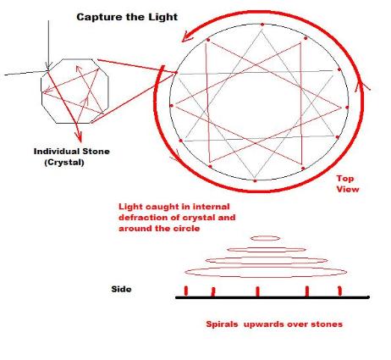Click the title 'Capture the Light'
pos(127,17)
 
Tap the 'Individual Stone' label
pos(72,152)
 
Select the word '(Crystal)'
pos(64,163)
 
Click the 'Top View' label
pos(348,184)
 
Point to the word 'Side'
pos(121,289)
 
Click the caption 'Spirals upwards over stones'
pos(274,324)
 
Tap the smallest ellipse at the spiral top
pos(265,238)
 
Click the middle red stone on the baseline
pos(257,291)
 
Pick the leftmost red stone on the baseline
pos(186,291)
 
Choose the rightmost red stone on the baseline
pos(339,291)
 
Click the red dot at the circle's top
pos(262,25)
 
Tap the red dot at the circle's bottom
pos(255,180)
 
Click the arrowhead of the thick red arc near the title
pos(187,37)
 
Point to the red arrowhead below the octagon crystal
pos(80,136)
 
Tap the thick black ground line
pos(273,297)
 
